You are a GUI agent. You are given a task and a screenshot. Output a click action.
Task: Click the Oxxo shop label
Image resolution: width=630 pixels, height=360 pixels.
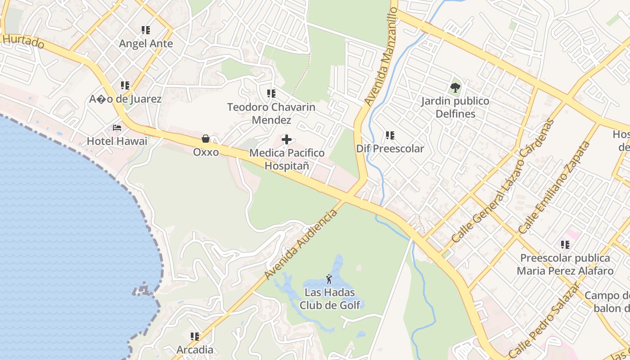click(x=206, y=152)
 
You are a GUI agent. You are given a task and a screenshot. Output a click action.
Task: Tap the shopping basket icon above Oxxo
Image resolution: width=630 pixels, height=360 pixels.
click(x=206, y=139)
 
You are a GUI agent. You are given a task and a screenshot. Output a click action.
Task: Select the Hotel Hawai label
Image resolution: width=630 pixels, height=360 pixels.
click(x=117, y=141)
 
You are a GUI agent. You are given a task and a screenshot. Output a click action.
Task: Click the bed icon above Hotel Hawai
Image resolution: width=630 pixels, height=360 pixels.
click(x=117, y=128)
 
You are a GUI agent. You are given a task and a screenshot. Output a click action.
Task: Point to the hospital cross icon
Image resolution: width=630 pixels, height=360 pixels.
click(x=287, y=139)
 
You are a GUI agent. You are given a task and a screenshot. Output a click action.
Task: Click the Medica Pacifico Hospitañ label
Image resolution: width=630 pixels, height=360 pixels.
click(x=287, y=159)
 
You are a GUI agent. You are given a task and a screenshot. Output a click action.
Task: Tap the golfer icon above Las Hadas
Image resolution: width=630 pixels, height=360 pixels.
click(x=329, y=279)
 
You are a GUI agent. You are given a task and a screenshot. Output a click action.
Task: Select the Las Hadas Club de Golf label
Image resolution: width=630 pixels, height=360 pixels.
click(x=330, y=299)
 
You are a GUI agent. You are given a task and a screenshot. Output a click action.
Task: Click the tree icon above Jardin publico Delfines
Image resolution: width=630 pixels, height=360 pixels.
click(x=455, y=87)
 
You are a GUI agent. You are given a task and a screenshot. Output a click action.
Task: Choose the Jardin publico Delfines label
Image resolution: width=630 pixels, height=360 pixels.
click(x=455, y=107)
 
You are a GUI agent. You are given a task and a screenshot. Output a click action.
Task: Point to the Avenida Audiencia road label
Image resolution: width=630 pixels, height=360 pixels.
click(x=301, y=244)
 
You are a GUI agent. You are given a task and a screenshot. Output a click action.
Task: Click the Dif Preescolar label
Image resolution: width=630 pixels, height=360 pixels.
click(x=390, y=148)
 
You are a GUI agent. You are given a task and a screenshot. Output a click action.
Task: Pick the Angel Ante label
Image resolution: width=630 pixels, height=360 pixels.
click(x=146, y=44)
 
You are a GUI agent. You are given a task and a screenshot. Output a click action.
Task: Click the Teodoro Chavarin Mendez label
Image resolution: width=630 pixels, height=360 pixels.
click(x=271, y=113)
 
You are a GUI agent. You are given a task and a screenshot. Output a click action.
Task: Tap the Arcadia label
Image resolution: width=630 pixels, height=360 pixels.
click(x=195, y=350)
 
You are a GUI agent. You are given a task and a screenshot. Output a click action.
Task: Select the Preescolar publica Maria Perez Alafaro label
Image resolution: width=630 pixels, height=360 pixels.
click(x=565, y=264)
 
